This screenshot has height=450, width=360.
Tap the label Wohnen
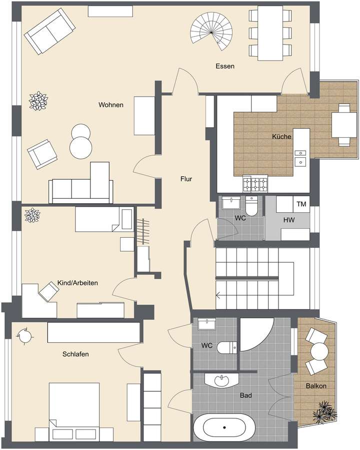[x=110, y=105]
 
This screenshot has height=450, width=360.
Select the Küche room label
[x=281, y=136]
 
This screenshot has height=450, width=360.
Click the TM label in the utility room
[x=301, y=204]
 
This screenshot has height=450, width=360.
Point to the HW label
[x=288, y=219]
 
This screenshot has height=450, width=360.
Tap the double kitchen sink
[x=300, y=157]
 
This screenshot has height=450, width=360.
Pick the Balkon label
[x=316, y=386]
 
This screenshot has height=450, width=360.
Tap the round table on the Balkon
[x=318, y=351]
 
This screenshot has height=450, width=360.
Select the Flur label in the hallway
[x=186, y=179]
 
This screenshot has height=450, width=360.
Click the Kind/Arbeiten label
[x=77, y=283]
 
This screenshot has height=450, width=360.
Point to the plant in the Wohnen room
[x=38, y=101]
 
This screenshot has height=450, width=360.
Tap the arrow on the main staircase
[x=218, y=295]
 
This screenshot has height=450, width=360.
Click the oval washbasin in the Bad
[x=222, y=380]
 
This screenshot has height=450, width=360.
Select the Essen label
[x=224, y=66]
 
